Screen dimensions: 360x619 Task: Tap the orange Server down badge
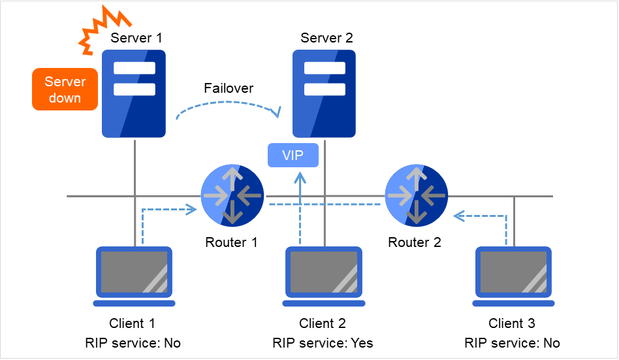(65, 90)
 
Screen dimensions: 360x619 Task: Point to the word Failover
(229, 88)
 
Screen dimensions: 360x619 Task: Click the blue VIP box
(294, 155)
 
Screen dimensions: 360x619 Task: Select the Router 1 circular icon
(232, 195)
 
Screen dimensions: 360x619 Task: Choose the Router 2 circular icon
(415, 195)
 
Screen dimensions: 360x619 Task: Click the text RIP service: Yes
(323, 342)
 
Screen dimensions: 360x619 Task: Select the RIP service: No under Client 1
(133, 342)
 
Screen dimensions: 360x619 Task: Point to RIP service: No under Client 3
(513, 342)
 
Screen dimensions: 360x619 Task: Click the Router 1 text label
(231, 242)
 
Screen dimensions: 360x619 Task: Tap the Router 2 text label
(415, 242)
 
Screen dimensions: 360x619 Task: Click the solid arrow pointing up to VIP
(300, 209)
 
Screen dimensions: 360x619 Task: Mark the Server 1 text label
(136, 38)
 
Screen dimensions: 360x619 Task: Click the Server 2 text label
(326, 38)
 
